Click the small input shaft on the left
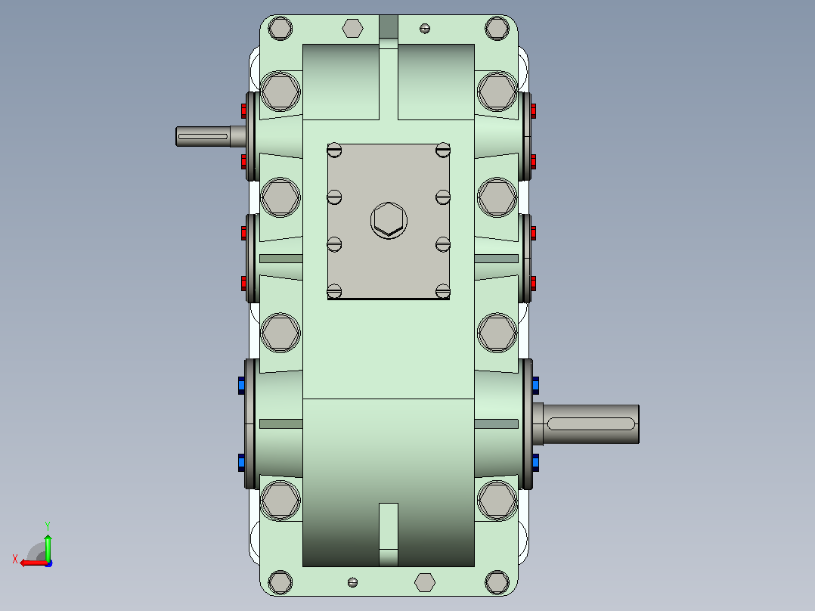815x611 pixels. coord(210,136)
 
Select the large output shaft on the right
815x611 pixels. coord(587,423)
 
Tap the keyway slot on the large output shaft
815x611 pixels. coord(591,423)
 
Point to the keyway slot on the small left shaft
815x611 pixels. coord(203,137)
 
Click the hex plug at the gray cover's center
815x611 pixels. coord(389,221)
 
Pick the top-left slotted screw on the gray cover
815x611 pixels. coord(334,150)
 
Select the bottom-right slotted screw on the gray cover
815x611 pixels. coord(443,291)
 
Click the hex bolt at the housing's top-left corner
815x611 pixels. coord(280,28)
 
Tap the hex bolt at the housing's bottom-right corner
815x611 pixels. coord(497,582)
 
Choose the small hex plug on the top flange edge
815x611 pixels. coord(352,28)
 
